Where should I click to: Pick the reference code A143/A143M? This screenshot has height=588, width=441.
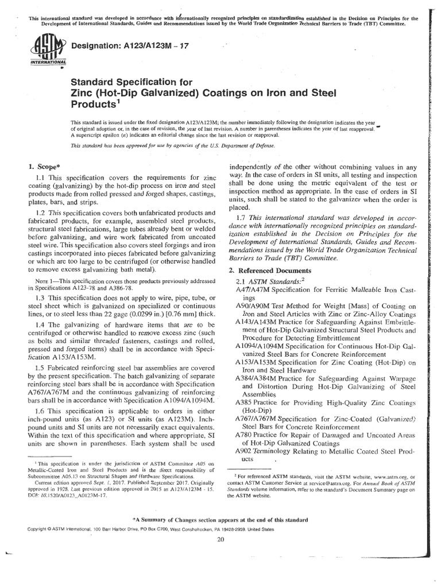[x=256, y=323]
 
